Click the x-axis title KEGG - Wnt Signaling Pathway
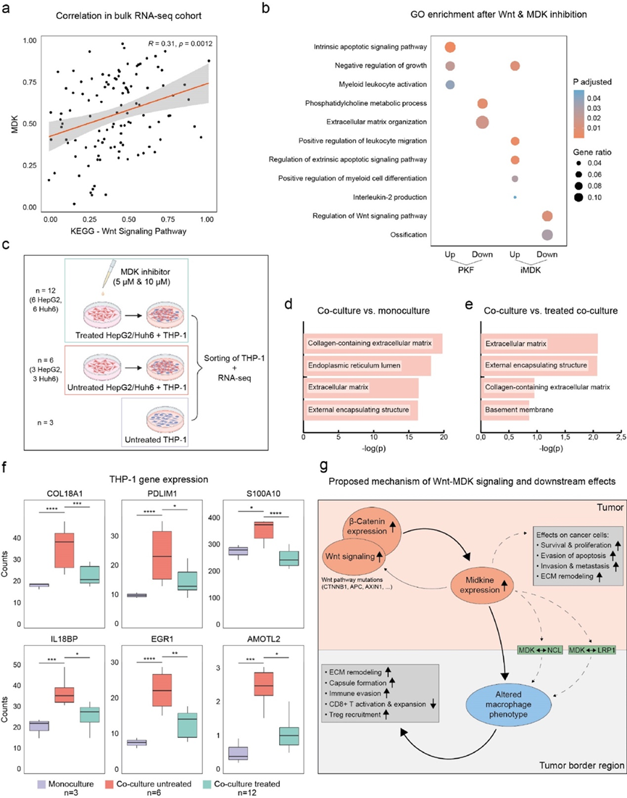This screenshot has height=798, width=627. coord(128,230)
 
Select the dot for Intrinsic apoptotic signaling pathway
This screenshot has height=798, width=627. coord(449,48)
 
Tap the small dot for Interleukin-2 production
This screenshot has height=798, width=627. coord(515,197)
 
